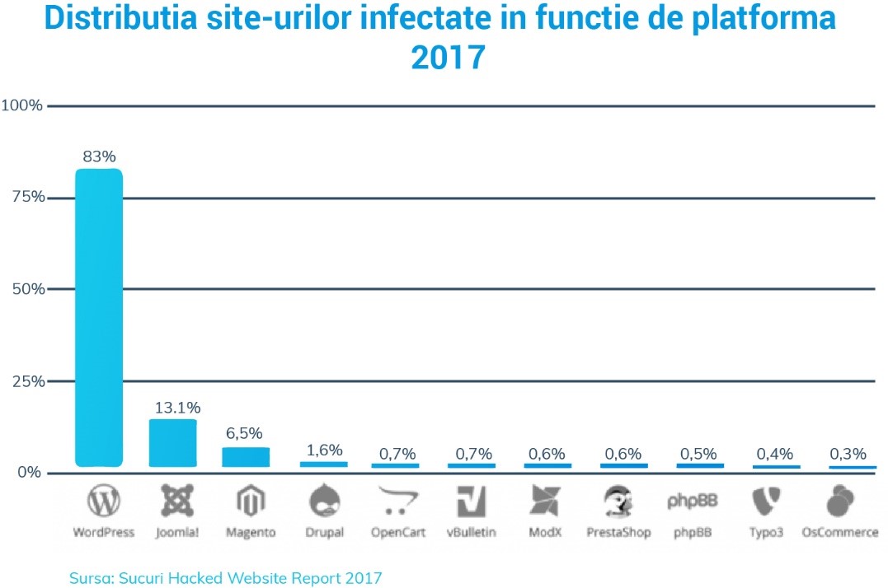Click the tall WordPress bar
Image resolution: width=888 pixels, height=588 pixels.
click(99, 317)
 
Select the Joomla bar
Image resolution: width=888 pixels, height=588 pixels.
click(173, 444)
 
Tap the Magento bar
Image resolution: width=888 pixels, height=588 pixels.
click(246, 457)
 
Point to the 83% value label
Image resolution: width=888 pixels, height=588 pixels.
click(99, 156)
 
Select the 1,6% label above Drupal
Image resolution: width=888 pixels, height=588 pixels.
click(324, 450)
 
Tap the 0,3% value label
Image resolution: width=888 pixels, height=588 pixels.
click(848, 453)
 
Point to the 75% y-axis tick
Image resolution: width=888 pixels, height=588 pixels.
click(26, 198)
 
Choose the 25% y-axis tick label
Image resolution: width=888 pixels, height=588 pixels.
click(26, 381)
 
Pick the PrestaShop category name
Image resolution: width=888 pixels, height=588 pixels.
click(618, 532)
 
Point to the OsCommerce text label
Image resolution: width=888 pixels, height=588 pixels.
click(840, 532)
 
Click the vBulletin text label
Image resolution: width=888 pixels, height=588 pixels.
click(472, 532)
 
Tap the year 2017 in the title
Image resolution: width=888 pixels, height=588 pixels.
click(446, 58)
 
